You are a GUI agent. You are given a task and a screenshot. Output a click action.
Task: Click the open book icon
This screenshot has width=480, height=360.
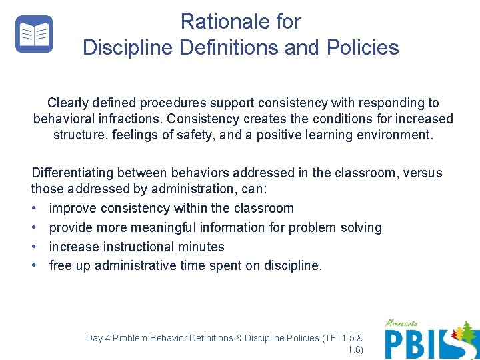tap(34, 34)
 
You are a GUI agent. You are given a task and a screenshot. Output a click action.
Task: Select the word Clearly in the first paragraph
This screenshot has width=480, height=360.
tap(68, 103)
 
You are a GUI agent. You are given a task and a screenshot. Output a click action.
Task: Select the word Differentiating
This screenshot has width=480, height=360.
tap(75, 173)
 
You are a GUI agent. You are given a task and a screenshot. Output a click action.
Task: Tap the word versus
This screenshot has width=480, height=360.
tap(422, 173)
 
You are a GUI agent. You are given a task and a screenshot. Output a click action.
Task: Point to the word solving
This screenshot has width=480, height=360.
tap(359, 228)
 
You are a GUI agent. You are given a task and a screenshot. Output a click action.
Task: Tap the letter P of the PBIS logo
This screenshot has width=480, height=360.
tap(395, 343)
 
